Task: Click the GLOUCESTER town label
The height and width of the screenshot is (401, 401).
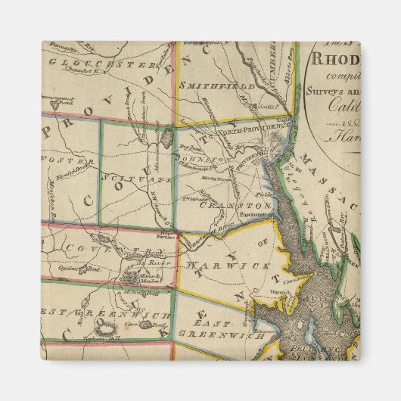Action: point(98,61)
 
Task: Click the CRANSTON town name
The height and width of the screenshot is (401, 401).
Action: point(225,205)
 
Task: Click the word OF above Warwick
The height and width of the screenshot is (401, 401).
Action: point(260,242)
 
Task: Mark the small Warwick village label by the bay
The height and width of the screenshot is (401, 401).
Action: point(281,290)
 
